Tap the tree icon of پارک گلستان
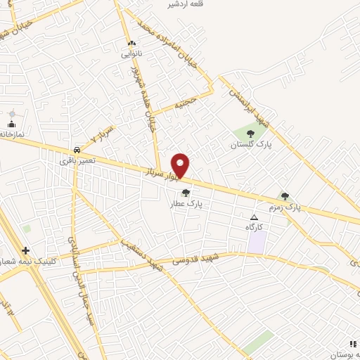(x=251, y=134)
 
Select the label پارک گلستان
(x=250, y=145)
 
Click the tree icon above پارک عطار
(x=186, y=193)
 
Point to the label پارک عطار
(x=186, y=204)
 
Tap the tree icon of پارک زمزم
(x=285, y=197)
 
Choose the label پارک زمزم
(x=284, y=208)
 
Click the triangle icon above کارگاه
(x=255, y=217)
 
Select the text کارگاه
(x=254, y=227)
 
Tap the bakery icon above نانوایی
(x=131, y=44)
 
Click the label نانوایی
(x=131, y=54)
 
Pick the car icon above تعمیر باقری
(x=76, y=150)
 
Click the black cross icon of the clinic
(x=25, y=250)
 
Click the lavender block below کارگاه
(x=257, y=243)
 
